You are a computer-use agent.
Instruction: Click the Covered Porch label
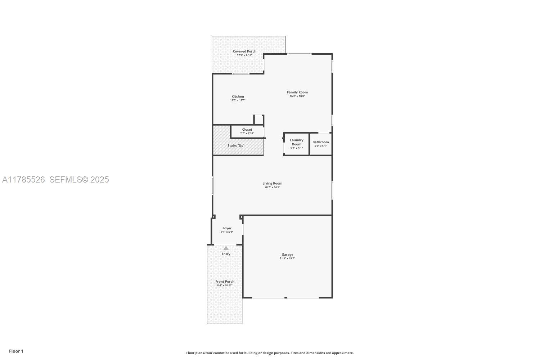pyautogui.click(x=244, y=51)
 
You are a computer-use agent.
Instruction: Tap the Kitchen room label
pyautogui.click(x=238, y=96)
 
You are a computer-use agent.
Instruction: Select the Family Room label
pyautogui.click(x=297, y=92)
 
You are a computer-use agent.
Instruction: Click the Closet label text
pyautogui.click(x=247, y=130)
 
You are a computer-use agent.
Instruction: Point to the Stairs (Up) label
pyautogui.click(x=236, y=145)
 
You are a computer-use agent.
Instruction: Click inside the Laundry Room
pyautogui.click(x=297, y=144)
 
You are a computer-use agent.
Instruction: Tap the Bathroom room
pyautogui.click(x=320, y=144)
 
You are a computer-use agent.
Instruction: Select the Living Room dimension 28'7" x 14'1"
pyautogui.click(x=272, y=187)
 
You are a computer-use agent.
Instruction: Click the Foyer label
pyautogui.click(x=227, y=228)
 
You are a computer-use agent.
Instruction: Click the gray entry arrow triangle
pyautogui.click(x=226, y=248)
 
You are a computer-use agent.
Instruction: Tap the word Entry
pyautogui.click(x=226, y=254)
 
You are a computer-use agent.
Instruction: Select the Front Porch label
pyautogui.click(x=225, y=282)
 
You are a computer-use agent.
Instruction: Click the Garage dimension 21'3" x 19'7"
pyautogui.click(x=287, y=258)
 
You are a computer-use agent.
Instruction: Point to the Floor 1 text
pyautogui.click(x=16, y=351)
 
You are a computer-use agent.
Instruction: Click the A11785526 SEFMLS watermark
pyautogui.click(x=55, y=179)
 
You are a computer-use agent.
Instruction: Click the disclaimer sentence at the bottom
pyautogui.click(x=270, y=353)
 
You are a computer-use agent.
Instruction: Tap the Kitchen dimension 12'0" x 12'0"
pyautogui.click(x=238, y=100)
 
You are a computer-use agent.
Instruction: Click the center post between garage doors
pyautogui.click(x=285, y=298)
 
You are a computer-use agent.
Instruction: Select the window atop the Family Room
pyautogui.click(x=299, y=54)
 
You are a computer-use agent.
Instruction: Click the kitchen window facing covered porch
pyautogui.click(x=240, y=74)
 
